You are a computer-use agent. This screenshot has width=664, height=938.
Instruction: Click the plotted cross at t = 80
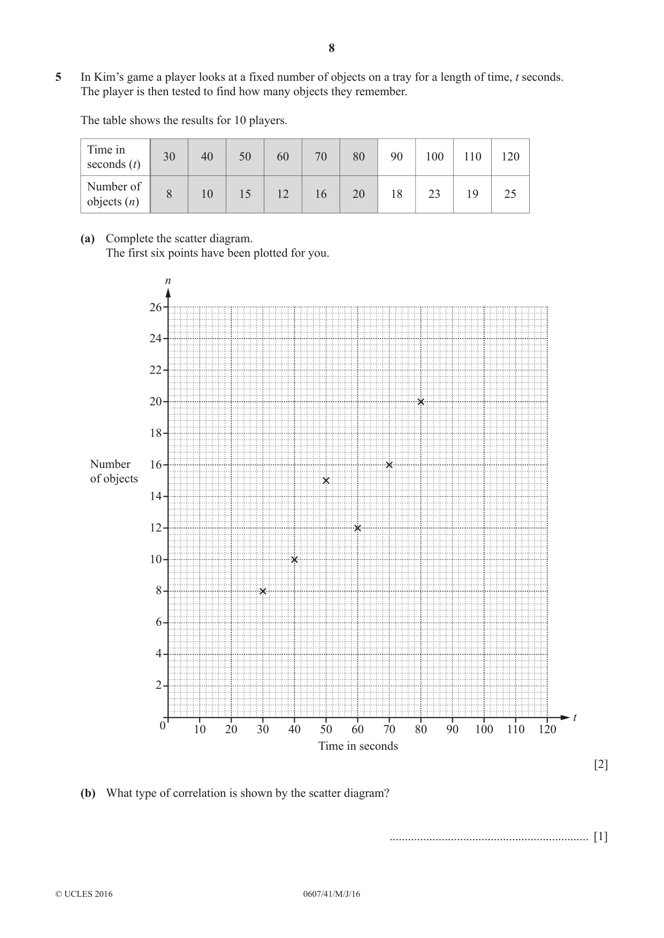[421, 402]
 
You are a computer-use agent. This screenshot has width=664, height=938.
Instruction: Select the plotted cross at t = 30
[263, 591]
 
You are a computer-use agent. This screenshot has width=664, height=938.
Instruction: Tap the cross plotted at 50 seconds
[326, 480]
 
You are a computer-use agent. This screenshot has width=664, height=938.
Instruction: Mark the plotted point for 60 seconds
[357, 528]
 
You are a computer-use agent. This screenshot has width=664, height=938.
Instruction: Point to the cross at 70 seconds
[390, 465]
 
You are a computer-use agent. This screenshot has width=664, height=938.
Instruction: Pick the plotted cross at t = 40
[294, 559]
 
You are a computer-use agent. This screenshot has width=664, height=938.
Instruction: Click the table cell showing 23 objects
[434, 194]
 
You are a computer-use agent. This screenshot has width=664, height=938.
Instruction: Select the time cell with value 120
[510, 157]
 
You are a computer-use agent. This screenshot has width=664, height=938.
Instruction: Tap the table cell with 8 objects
[169, 194]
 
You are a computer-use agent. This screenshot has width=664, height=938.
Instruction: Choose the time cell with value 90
[396, 157]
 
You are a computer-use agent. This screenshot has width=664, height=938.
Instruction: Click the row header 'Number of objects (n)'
[115, 194]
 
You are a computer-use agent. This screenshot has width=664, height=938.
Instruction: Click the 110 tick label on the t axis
[516, 729]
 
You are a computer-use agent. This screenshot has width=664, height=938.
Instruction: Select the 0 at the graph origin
[163, 726]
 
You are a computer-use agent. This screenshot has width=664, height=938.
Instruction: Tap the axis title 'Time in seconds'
[358, 746]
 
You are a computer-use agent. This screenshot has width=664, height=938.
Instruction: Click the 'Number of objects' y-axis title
[114, 471]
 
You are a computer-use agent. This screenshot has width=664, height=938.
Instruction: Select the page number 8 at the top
[332, 48]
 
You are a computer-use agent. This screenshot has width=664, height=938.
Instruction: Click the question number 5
[58, 77]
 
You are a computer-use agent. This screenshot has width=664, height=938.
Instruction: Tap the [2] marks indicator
[601, 764]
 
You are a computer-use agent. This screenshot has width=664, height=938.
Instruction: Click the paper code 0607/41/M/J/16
[332, 894]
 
